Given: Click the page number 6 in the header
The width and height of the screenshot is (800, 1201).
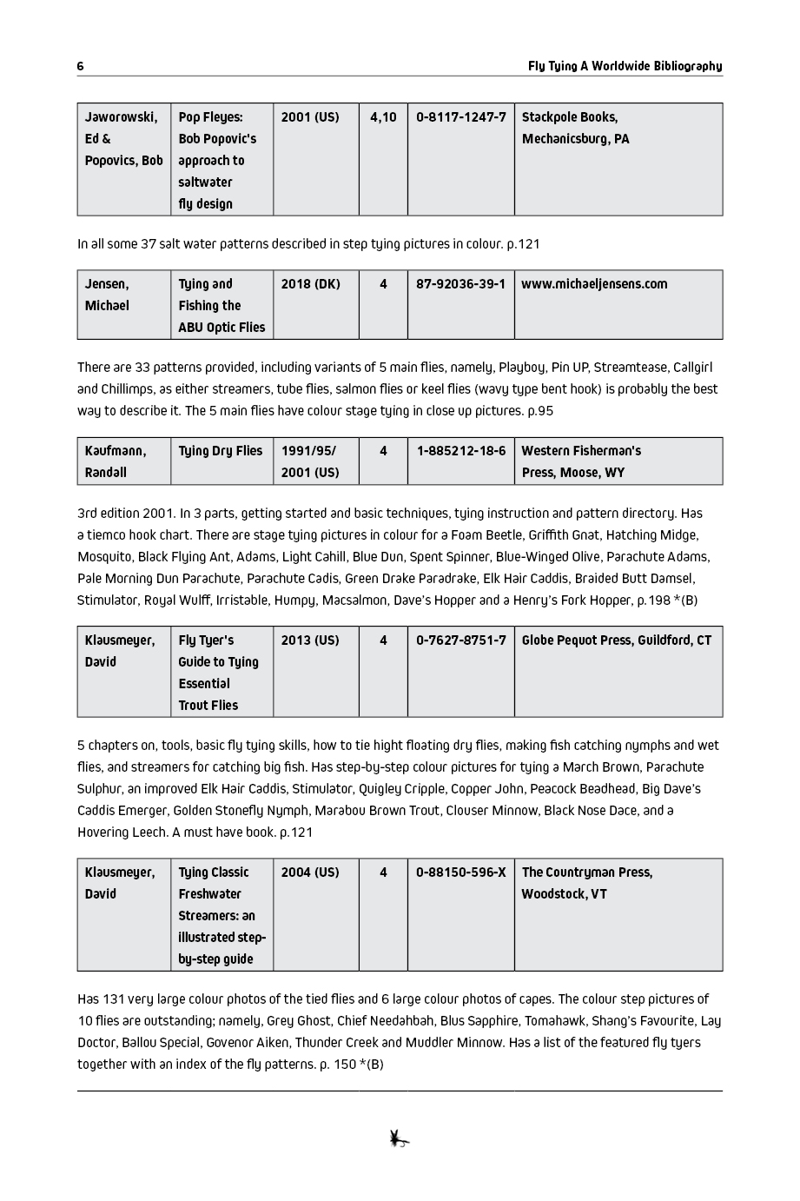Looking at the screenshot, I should pyautogui.click(x=80, y=67).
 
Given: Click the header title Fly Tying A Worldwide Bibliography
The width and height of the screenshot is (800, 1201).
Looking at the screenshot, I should pyautogui.click(x=625, y=67).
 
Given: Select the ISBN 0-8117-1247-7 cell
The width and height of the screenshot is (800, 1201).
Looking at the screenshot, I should pyautogui.click(x=460, y=117).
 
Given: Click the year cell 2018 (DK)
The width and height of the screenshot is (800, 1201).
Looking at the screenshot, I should pyautogui.click(x=310, y=284).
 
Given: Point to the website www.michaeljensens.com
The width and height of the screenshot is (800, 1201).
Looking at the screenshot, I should pyautogui.click(x=594, y=284).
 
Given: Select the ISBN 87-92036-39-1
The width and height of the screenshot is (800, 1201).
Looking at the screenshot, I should pyautogui.click(x=460, y=284).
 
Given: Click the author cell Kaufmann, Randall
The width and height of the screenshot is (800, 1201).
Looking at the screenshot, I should pyautogui.click(x=116, y=461).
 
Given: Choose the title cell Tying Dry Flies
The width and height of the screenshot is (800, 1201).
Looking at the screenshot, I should pyautogui.click(x=220, y=451).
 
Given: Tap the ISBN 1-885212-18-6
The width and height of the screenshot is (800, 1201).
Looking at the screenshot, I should pyautogui.click(x=460, y=451).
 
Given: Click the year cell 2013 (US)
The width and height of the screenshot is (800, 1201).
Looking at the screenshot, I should pyautogui.click(x=310, y=640).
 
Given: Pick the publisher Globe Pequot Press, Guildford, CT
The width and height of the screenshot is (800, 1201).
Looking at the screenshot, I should pyautogui.click(x=616, y=640).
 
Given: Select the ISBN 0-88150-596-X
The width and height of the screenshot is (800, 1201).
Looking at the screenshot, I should pyautogui.click(x=460, y=873).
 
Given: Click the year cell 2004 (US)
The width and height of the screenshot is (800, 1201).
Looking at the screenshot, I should pyautogui.click(x=310, y=873).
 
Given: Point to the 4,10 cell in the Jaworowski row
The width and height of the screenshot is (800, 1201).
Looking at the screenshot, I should pyautogui.click(x=383, y=117).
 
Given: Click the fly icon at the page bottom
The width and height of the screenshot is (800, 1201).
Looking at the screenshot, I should pyautogui.click(x=399, y=1138).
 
